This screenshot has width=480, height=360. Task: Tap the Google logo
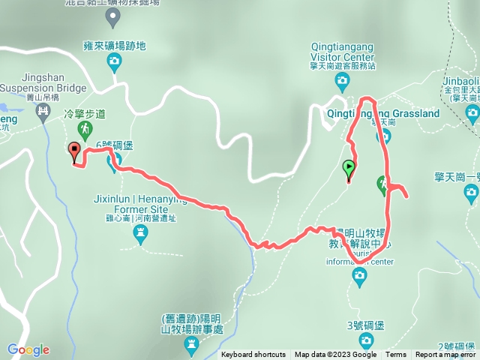click(28, 349)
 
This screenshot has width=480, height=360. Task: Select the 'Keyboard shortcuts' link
click(253, 355)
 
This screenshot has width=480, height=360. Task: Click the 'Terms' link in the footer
click(396, 355)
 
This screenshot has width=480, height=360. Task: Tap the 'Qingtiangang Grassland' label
click(383, 113)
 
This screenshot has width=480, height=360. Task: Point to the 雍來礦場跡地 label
click(115, 46)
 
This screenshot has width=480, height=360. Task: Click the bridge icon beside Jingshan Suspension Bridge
click(43, 112)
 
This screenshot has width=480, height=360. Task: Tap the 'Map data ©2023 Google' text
click(335, 355)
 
